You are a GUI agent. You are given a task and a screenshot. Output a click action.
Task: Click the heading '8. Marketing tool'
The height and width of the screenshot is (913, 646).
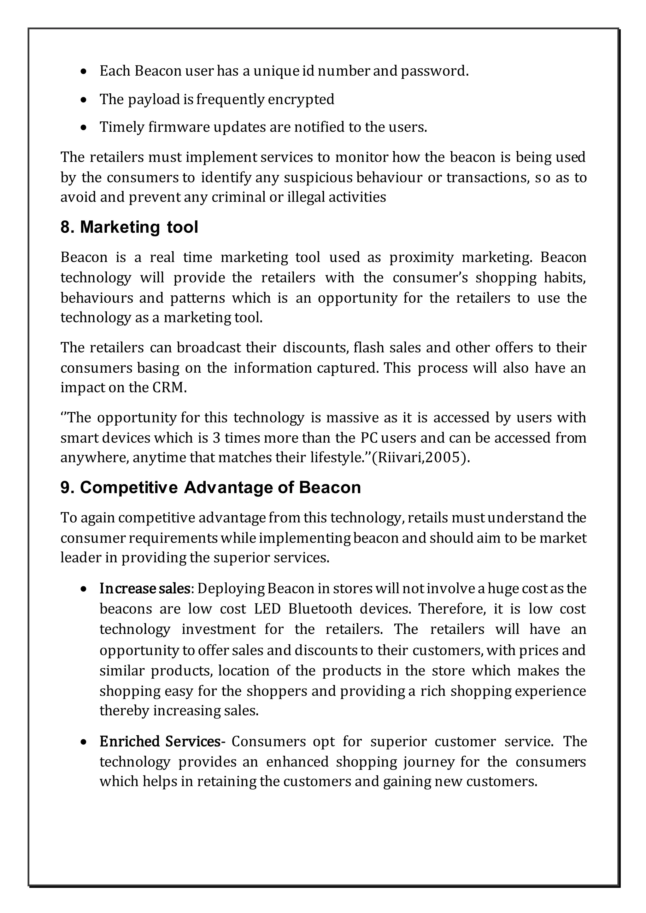pos(129,227)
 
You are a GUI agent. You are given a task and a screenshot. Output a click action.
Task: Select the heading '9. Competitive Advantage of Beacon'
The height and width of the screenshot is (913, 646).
pos(210,487)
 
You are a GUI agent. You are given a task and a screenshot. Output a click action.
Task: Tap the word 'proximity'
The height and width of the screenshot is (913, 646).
pos(421,258)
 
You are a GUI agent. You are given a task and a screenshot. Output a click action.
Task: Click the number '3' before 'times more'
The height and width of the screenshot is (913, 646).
pos(216,438)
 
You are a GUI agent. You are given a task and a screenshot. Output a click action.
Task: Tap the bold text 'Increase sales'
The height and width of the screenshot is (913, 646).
pos(145,589)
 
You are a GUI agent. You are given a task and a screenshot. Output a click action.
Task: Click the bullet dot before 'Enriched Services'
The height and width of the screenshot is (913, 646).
pos(83,742)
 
